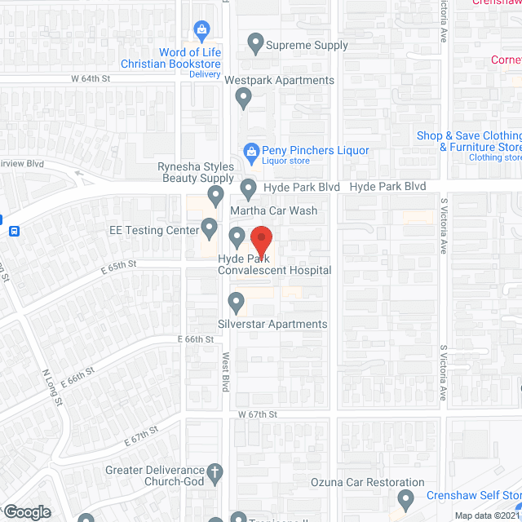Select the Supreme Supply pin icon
[x=256, y=44]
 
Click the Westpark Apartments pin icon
[x=242, y=98]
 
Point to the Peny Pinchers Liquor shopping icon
[x=251, y=151]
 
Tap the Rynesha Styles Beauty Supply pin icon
[x=215, y=195]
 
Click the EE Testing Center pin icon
[x=210, y=228]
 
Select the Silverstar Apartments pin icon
[x=237, y=303]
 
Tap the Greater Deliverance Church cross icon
[x=215, y=472]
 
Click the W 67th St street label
[x=258, y=414]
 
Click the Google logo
[x=27, y=511]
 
